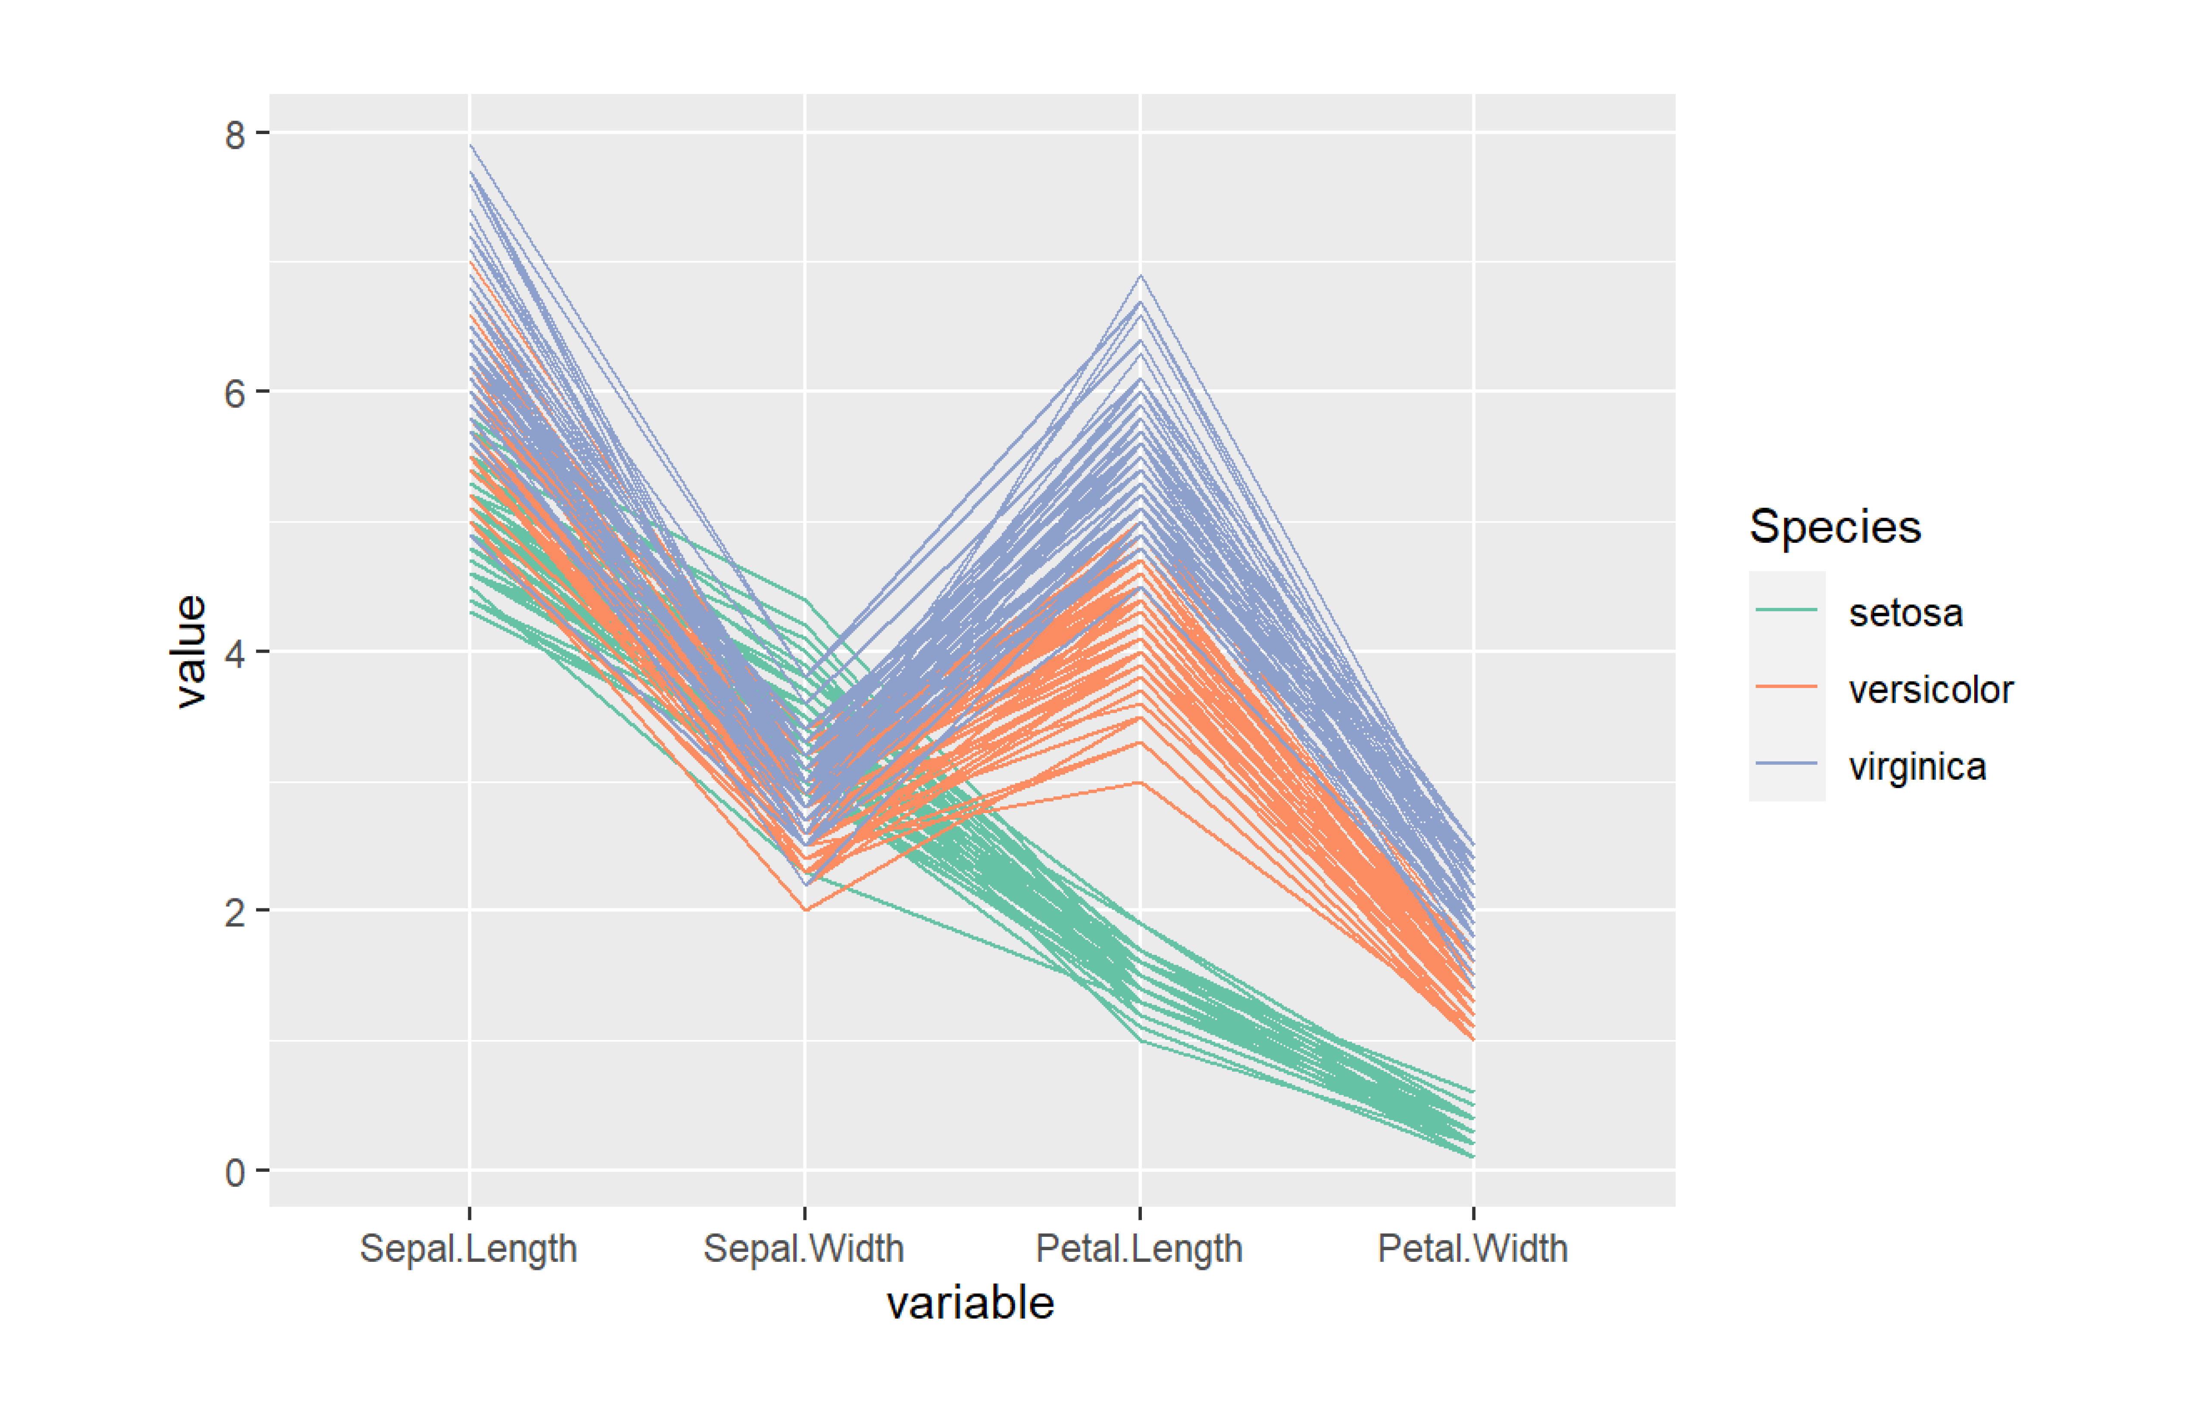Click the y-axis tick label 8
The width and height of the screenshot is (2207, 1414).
pyautogui.click(x=235, y=135)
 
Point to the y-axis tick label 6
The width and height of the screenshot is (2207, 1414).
pyautogui.click(x=235, y=394)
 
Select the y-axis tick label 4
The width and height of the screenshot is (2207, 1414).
pyautogui.click(x=235, y=654)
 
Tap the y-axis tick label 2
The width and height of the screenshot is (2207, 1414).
pyautogui.click(x=235, y=913)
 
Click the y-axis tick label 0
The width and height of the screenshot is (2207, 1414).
pyautogui.click(x=235, y=1173)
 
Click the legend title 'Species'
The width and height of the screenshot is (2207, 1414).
pyautogui.click(x=1834, y=527)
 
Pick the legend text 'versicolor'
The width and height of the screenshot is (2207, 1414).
pyautogui.click(x=1931, y=690)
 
